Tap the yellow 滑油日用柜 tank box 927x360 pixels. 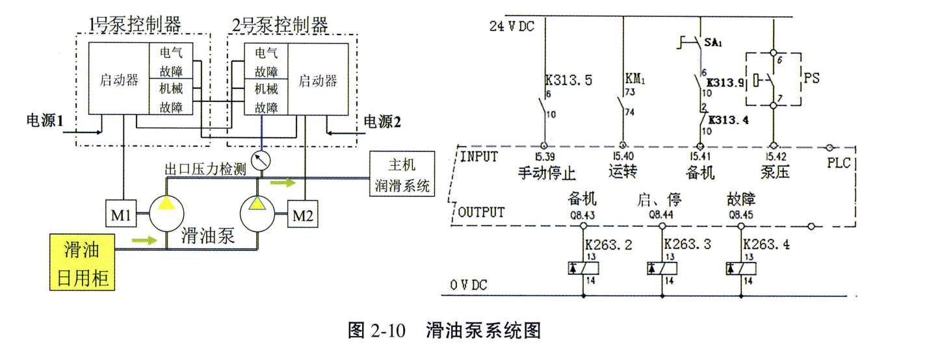83,263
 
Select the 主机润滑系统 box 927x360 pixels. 401,174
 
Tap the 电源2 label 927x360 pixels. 381,121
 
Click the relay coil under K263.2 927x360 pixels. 583,268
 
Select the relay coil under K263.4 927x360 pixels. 740,268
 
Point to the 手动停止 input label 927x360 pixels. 547,173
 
